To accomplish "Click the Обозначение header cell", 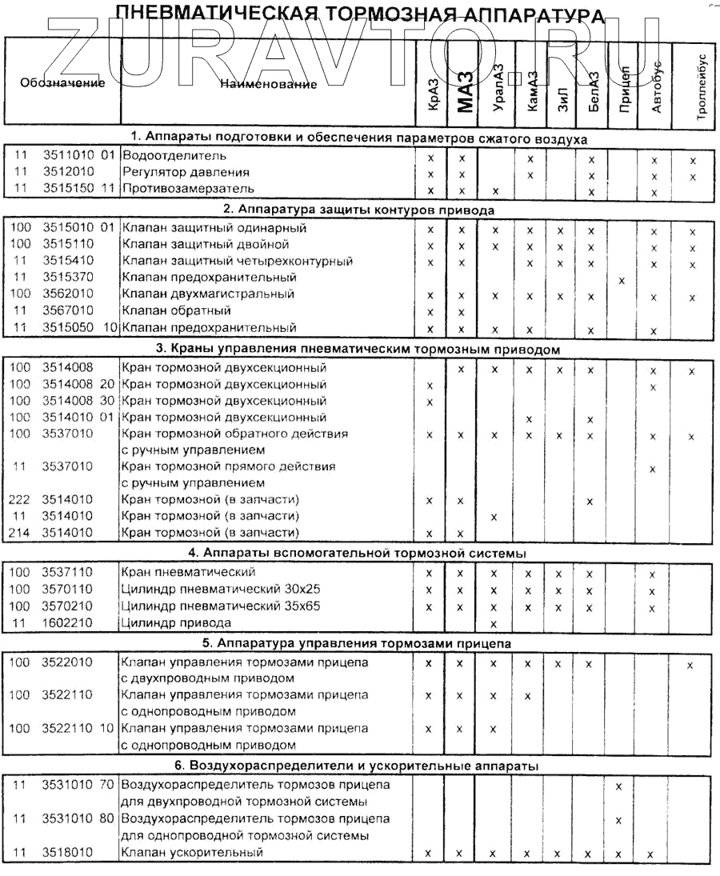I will click(x=62, y=83).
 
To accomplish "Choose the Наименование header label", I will click(x=268, y=84).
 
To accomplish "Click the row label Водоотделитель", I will click(x=174, y=155).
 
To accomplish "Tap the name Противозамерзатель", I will click(x=188, y=189).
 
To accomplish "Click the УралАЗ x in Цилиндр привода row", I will click(x=494, y=623).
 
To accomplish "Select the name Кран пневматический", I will click(x=188, y=572).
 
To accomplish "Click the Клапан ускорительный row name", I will click(x=192, y=852).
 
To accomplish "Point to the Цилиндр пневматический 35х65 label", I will click(x=220, y=606).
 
